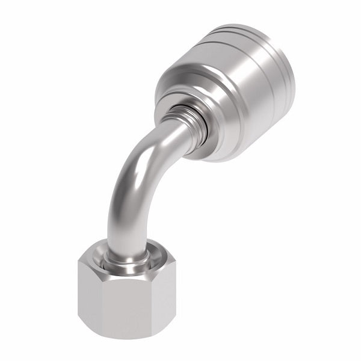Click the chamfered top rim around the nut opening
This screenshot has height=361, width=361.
tap(150, 253)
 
